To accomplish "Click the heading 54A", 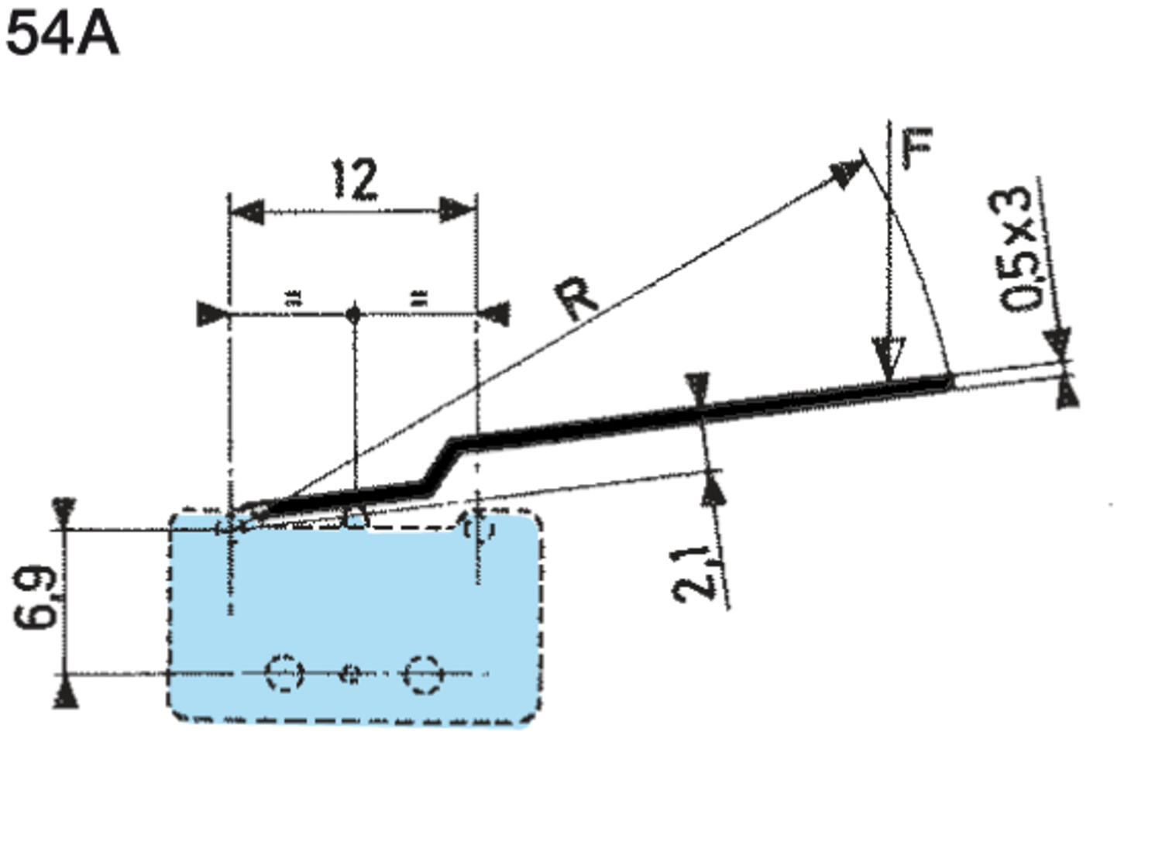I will [62, 35].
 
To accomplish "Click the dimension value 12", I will [356, 180].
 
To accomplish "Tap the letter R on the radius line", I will [577, 298].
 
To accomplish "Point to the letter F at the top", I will [919, 147].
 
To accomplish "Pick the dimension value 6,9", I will [36, 597].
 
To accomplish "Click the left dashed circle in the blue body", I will [283, 673].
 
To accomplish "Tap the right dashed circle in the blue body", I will [422, 674].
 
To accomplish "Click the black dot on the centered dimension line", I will [354, 314].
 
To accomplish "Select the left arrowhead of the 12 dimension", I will [246, 211].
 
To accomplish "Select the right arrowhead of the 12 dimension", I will [458, 210].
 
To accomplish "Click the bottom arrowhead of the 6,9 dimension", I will [67, 692].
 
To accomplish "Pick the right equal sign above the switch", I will [418, 297].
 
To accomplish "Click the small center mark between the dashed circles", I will [351, 674].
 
